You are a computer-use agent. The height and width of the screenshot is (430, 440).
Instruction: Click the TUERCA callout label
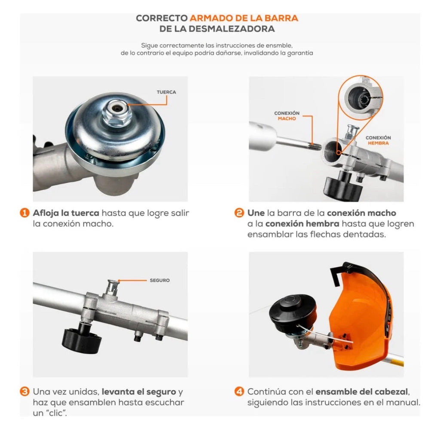(x=166, y=92)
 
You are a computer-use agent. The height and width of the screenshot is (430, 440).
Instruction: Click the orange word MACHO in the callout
(x=287, y=119)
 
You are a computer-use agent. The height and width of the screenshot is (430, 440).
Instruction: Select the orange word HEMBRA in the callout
(x=378, y=143)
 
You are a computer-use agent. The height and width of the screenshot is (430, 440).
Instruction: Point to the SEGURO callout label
(x=160, y=280)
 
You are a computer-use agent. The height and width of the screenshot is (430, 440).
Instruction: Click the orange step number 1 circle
(x=24, y=213)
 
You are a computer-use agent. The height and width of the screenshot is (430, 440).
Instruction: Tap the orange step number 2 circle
(x=239, y=213)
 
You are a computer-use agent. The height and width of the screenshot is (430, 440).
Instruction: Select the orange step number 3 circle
(x=24, y=392)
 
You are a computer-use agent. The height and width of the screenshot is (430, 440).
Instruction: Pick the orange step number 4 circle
(x=239, y=392)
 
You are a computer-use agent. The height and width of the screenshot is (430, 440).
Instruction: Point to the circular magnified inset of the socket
(x=361, y=98)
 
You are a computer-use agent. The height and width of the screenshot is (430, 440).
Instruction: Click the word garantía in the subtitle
(x=300, y=53)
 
